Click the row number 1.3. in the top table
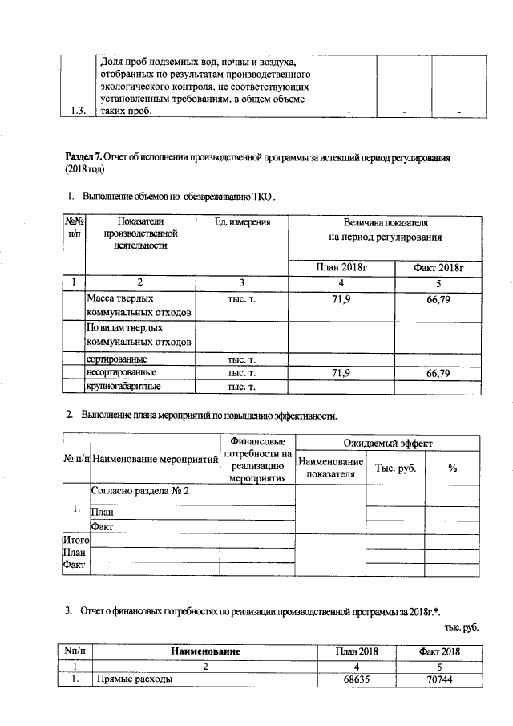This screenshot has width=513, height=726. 78,111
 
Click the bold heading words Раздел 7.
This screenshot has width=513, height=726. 83,158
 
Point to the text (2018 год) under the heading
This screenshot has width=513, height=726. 83,170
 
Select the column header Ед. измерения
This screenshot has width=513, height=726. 242,221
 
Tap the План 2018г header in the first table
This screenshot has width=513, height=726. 341,266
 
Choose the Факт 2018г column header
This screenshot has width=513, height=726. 438,266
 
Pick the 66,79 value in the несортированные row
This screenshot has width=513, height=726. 438,373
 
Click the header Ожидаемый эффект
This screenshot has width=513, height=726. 387,443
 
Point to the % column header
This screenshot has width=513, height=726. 452,468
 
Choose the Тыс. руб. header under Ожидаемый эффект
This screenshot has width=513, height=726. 394,468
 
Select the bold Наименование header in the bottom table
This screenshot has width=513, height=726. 204,651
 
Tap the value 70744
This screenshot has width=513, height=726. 439,679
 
